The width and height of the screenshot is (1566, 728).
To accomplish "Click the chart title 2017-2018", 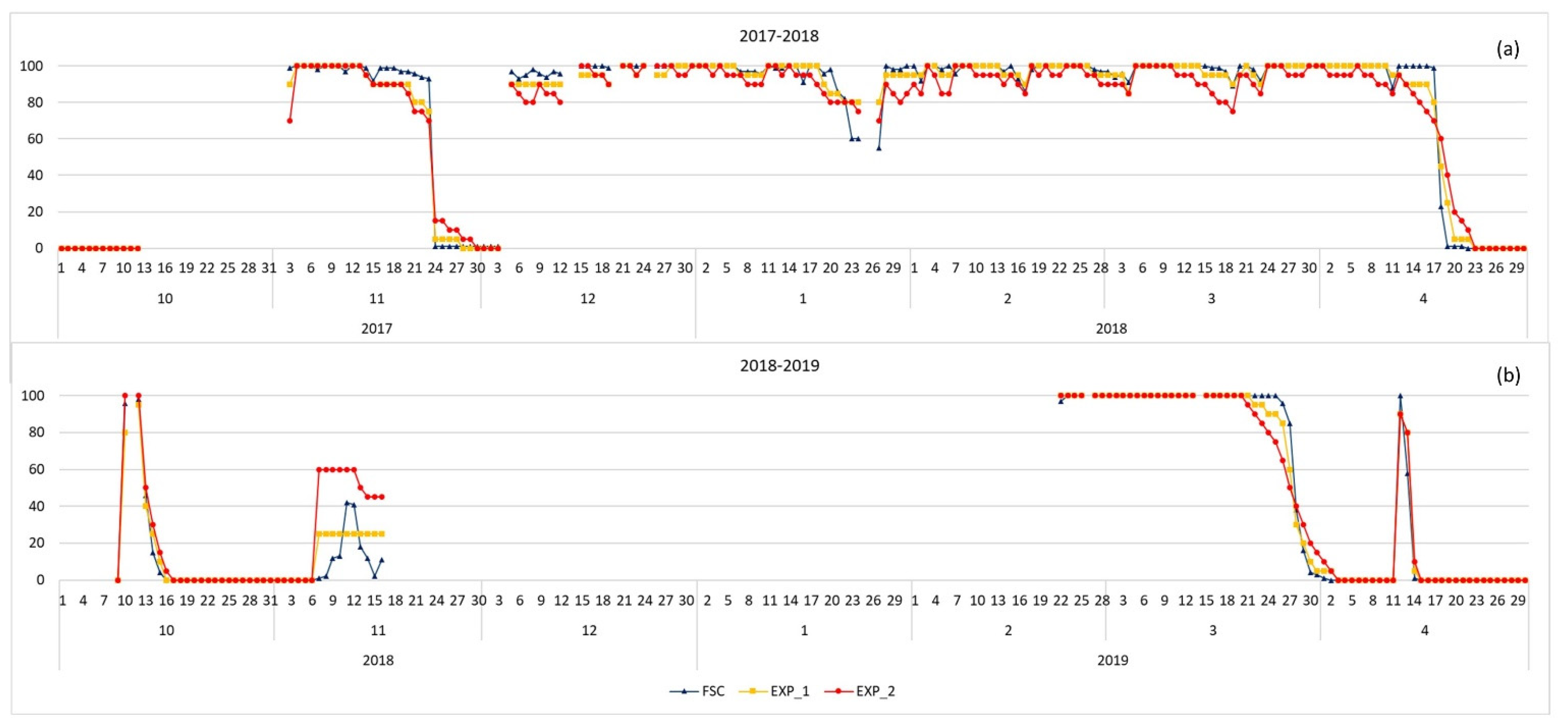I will tap(779, 36).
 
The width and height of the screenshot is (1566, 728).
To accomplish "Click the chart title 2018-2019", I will tap(779, 365).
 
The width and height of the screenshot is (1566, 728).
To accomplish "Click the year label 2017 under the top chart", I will tap(376, 329).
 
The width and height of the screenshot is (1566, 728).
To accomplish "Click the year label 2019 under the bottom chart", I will tap(1112, 660).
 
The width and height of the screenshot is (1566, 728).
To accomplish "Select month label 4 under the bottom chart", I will tap(1424, 631).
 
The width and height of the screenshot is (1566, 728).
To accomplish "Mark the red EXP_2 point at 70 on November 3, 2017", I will tap(290, 120).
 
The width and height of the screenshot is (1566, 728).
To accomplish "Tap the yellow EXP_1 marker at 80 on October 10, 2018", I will tap(125, 432).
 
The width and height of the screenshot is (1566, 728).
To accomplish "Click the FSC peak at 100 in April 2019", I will tap(1400, 396).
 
